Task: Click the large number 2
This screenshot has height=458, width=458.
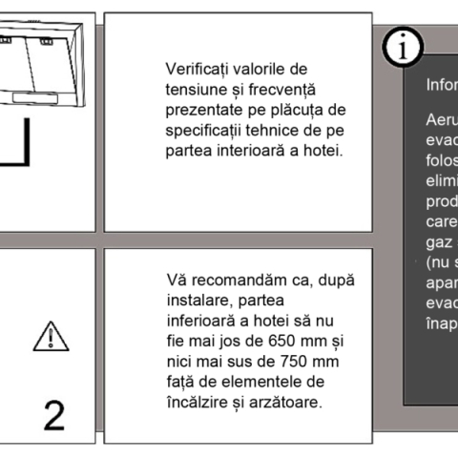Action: tap(55, 415)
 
